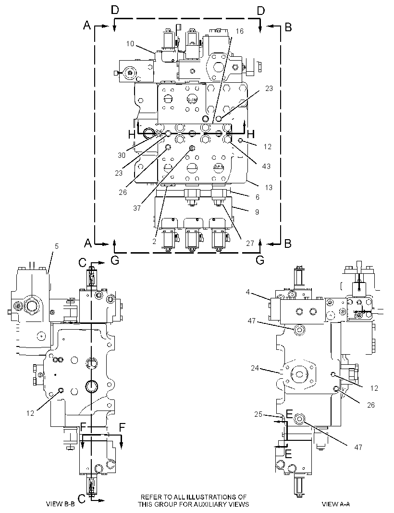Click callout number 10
click(x=130, y=43)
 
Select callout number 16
click(x=239, y=31)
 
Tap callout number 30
click(x=122, y=155)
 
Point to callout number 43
click(x=266, y=166)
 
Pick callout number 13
click(x=269, y=188)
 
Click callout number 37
click(x=137, y=208)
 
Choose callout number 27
click(x=250, y=243)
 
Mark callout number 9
click(x=257, y=212)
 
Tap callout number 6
click(x=258, y=197)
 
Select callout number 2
click(x=154, y=242)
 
